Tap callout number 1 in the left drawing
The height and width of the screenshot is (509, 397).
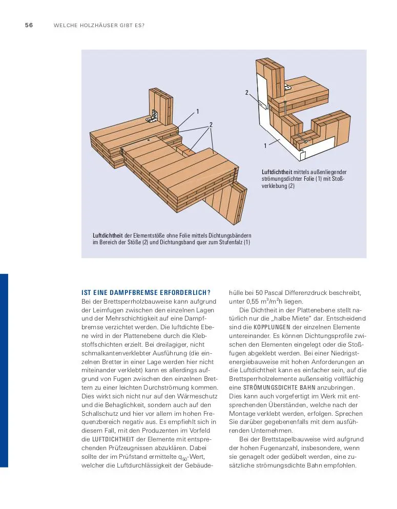pyautogui.click(x=197, y=111)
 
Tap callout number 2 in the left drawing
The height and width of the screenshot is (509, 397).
pyautogui.click(x=211, y=124)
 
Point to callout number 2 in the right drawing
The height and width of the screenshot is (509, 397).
pyautogui.click(x=246, y=93)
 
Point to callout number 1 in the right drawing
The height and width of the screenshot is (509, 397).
pyautogui.click(x=265, y=146)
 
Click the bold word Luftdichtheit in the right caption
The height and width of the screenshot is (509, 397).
pyautogui.click(x=277, y=172)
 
